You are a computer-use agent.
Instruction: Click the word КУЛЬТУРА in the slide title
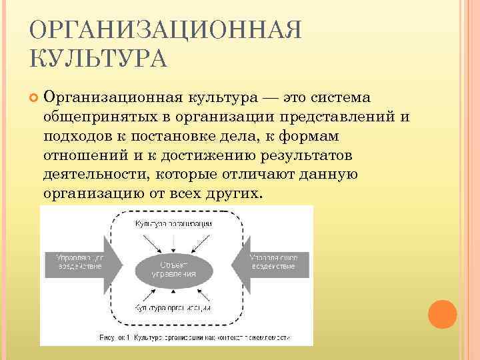(99, 59)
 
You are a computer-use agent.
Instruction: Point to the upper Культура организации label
(173, 223)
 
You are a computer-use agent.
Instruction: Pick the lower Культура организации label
(173, 309)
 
